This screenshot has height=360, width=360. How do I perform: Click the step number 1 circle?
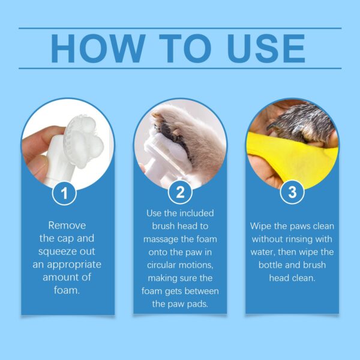[67, 193]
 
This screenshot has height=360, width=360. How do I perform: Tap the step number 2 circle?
[179, 193]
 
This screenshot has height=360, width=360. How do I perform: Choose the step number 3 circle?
[292, 193]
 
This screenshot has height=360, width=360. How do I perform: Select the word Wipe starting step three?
[263, 226]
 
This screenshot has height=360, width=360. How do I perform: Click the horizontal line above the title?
[180, 28]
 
